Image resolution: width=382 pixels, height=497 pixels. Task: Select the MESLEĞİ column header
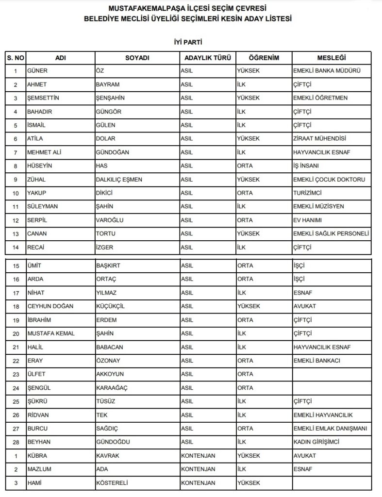pyautogui.click(x=332, y=58)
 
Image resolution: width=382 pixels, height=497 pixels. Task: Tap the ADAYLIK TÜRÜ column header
pyautogui.click(x=207, y=58)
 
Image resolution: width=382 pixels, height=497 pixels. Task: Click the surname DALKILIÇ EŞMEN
pyautogui.click(x=119, y=180)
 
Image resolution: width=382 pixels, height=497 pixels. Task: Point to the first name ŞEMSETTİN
pyautogui.click(x=45, y=98)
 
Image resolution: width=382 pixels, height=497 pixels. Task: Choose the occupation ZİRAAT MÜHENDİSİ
pyautogui.click(x=319, y=139)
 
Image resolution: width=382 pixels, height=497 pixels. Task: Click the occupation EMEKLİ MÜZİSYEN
pyautogui.click(x=318, y=206)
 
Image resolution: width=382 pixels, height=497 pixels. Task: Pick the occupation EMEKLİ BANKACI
pyautogui.click(x=316, y=361)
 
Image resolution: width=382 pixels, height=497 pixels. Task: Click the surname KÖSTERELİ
pyautogui.click(x=115, y=483)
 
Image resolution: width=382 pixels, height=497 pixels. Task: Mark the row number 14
pyautogui.click(x=16, y=247)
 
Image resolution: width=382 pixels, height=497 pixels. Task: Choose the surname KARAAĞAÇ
pyautogui.click(x=113, y=388)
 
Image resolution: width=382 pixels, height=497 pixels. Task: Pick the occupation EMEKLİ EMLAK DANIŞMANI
pyautogui.click(x=330, y=429)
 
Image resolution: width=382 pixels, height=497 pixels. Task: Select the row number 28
pyautogui.click(x=16, y=442)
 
